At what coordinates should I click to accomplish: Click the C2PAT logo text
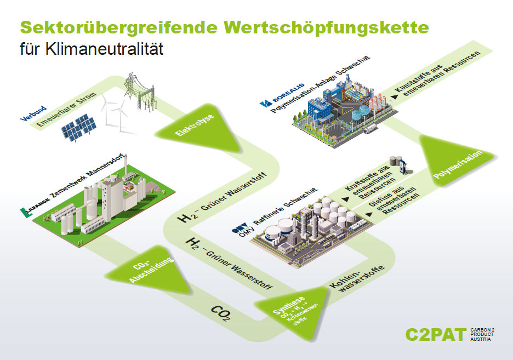pyautogui.click(x=435, y=334)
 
